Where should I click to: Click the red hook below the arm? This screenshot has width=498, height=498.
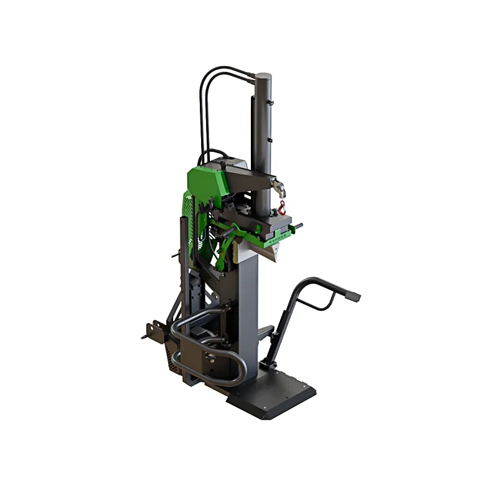pyautogui.click(x=281, y=207)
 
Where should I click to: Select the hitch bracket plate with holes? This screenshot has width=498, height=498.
pyautogui.click(x=156, y=330)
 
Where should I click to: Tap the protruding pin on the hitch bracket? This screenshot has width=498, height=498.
pyautogui.click(x=144, y=337)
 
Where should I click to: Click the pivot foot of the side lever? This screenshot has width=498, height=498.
pyautogui.click(x=269, y=364)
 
